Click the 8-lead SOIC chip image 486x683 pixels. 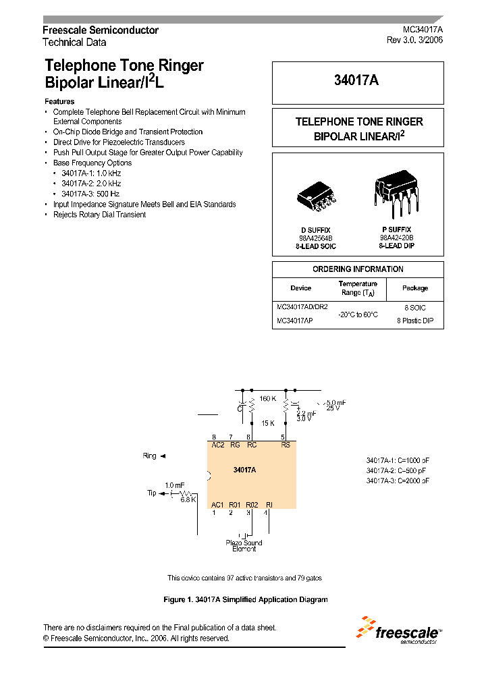click(316, 196)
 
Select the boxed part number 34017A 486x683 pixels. click(357, 80)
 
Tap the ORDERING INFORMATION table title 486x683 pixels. click(358, 269)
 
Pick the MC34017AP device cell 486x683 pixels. click(294, 321)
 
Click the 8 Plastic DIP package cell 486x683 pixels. click(414, 321)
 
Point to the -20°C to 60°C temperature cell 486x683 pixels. click(357, 314)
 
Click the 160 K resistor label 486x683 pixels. click(267, 399)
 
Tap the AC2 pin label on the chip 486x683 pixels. click(218, 445)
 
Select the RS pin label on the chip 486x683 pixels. click(285, 445)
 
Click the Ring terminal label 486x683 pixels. click(150, 456)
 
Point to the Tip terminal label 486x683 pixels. click(152, 493)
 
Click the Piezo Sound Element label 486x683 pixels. click(244, 545)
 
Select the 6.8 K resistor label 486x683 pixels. click(188, 499)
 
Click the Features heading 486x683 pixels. click(59, 101)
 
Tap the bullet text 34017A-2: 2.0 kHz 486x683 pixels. click(91, 184)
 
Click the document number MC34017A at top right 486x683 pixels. click(423, 30)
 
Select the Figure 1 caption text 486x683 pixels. click(246, 599)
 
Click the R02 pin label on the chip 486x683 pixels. click(252, 505)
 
